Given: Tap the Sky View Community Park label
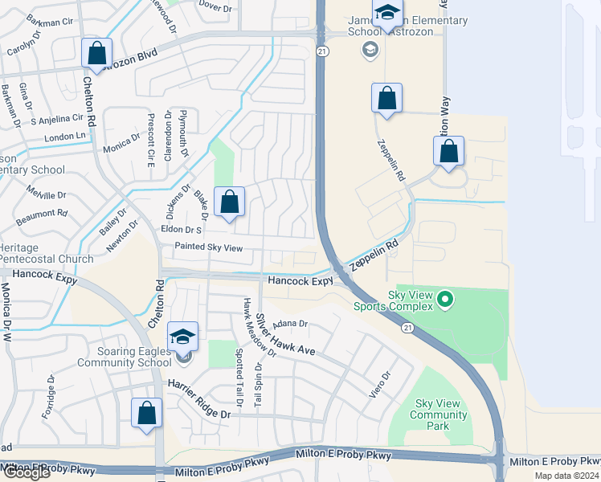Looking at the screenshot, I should coord(438,415).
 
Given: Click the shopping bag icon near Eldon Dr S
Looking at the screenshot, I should coord(230,203).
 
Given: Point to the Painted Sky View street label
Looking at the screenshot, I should coord(208,247).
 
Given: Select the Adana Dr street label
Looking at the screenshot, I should coord(290,324).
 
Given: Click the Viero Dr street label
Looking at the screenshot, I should coord(386,382).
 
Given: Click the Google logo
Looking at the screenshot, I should coord(26,472).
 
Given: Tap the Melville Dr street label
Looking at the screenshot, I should coord(46,194).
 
